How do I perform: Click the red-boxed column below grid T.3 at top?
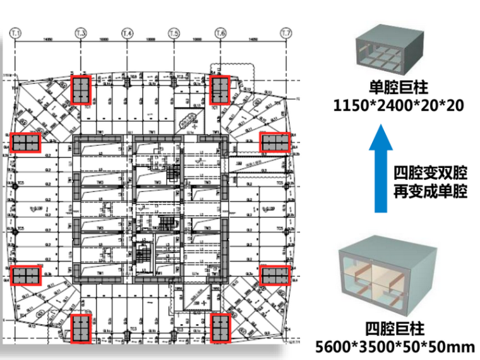(x=81, y=90)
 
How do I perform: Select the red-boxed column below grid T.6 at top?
(x=220, y=90)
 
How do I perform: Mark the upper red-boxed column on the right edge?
(x=275, y=143)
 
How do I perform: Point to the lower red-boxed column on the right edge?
(x=275, y=275)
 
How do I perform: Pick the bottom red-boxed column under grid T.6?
(x=220, y=328)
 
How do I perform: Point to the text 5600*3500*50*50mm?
(x=395, y=347)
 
